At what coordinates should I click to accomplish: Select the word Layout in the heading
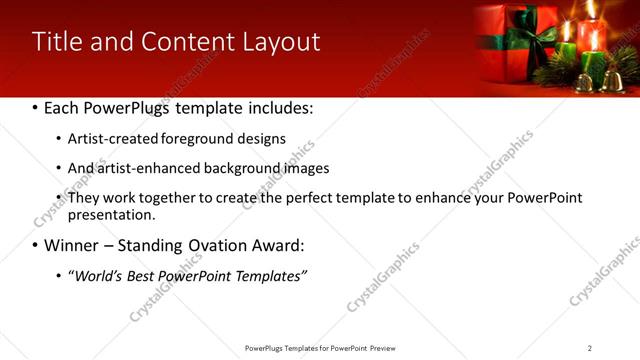click(x=282, y=42)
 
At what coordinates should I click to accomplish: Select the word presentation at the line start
click(x=110, y=214)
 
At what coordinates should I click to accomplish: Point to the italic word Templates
click(x=270, y=275)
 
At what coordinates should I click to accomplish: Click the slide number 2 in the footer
click(x=590, y=348)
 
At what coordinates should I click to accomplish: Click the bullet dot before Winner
click(x=36, y=246)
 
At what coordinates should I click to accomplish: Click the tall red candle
click(x=592, y=40)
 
